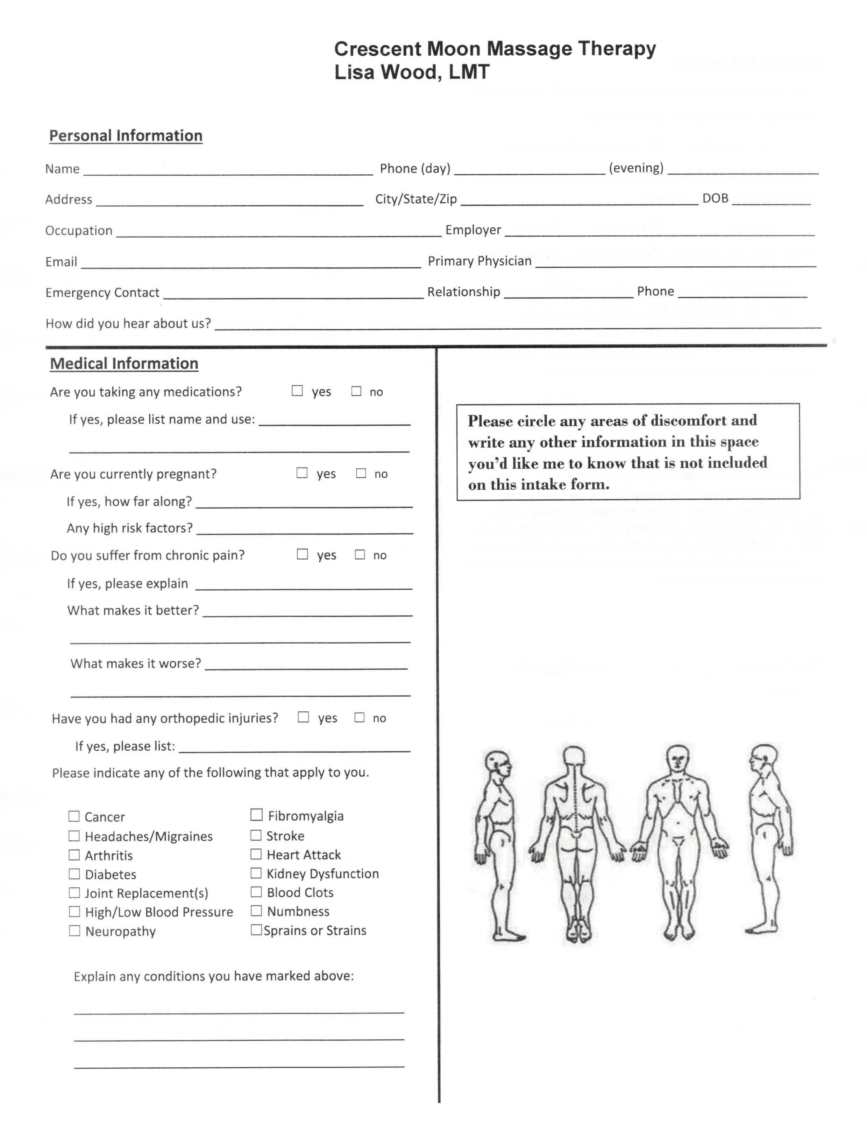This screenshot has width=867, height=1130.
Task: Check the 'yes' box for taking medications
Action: tap(297, 391)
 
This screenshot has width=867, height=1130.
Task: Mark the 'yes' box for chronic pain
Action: tap(303, 554)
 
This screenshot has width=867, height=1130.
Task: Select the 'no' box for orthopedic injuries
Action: tap(360, 717)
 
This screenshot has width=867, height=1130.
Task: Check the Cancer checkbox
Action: tap(74, 816)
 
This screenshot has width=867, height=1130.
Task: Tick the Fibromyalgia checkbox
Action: tap(256, 815)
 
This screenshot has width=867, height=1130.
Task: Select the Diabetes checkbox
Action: tap(74, 874)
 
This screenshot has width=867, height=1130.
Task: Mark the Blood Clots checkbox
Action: tap(256, 892)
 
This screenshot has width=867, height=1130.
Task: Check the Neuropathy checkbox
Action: tap(74, 931)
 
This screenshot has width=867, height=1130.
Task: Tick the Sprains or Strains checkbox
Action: tap(256, 929)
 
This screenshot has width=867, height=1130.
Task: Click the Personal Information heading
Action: tap(126, 135)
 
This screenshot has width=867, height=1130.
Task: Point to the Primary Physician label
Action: tap(479, 261)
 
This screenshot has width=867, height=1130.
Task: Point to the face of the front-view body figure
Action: tap(677, 759)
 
